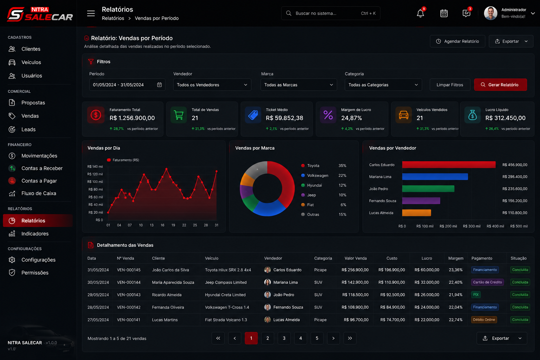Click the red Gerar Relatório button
500,85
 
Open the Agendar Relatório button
457,41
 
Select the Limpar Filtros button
450,85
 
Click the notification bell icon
420,13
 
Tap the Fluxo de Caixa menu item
39,193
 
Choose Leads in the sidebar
28,129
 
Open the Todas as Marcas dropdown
299,85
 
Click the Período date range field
127,85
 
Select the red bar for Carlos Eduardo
449,165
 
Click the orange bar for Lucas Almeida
416,213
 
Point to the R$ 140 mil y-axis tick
95,166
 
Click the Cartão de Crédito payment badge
487,282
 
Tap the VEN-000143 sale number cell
129,295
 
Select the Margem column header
456,258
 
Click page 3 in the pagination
284,338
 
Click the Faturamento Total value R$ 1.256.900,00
132,118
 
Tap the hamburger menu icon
91,13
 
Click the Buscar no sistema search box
330,13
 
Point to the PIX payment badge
476,295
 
